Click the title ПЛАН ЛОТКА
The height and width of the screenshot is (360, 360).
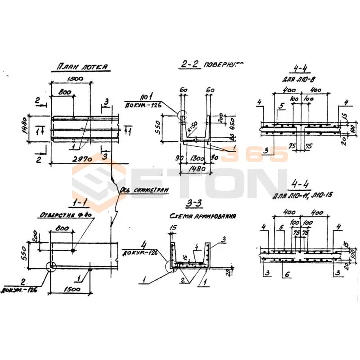tap(82, 67)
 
